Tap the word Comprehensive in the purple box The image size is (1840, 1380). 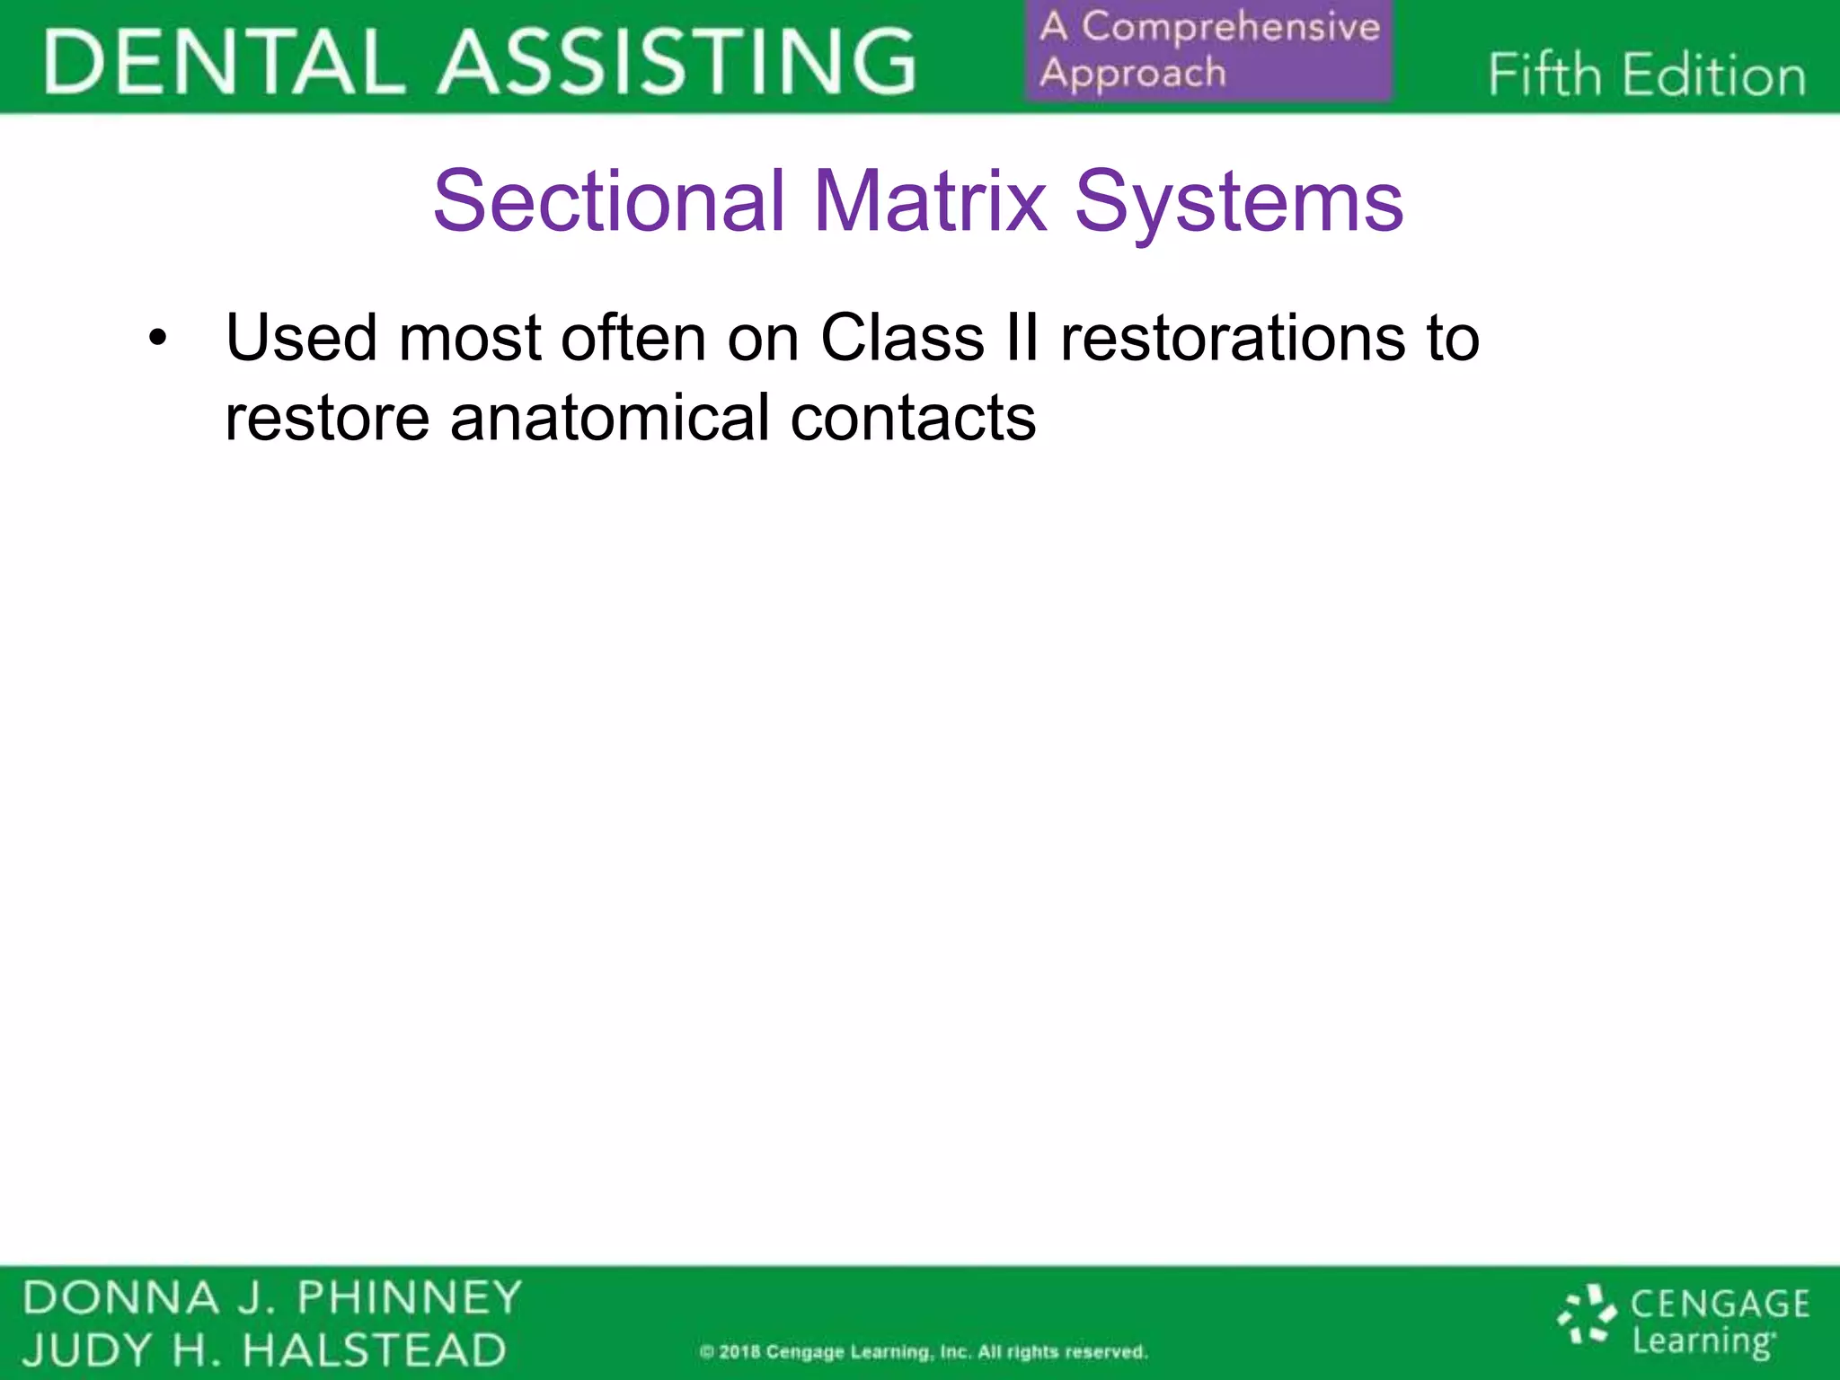[x=1231, y=27]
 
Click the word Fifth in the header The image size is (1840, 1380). [x=1544, y=75]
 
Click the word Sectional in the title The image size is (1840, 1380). [x=610, y=201]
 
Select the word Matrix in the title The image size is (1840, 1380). [x=930, y=201]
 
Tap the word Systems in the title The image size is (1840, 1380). [x=1239, y=203]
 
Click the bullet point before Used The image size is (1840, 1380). [x=158, y=340]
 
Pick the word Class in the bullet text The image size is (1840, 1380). [x=902, y=338]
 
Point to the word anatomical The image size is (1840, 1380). [x=609, y=419]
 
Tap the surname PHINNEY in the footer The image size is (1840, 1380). [x=410, y=1298]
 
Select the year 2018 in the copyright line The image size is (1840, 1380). [x=739, y=1352]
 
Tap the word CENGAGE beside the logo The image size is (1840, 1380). [x=1720, y=1304]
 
